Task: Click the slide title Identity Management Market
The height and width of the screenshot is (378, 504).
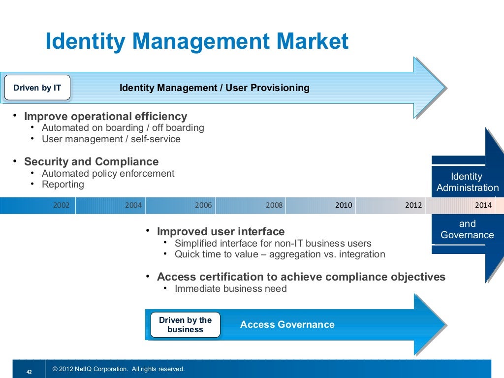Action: (196, 42)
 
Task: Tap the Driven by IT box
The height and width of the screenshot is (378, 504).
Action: (37, 88)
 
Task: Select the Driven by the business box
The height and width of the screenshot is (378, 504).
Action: (185, 325)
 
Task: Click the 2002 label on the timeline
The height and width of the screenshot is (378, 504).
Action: (61, 205)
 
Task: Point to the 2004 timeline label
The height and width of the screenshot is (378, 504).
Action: (133, 205)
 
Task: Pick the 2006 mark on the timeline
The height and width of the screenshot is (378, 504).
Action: (203, 205)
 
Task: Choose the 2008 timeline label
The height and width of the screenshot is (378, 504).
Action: (274, 205)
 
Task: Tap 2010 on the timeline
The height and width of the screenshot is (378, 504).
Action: (344, 205)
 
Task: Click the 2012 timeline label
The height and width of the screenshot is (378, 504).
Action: (413, 205)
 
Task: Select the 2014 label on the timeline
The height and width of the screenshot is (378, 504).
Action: (483, 205)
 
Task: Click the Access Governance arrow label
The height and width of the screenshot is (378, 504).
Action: (287, 325)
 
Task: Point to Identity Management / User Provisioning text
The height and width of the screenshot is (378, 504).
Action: (215, 88)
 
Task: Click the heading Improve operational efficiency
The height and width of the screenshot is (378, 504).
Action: (105, 117)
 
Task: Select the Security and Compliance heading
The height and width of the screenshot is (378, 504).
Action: (91, 162)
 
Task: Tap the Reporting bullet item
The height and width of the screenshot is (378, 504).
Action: (63, 185)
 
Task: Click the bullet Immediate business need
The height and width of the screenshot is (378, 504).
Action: (230, 289)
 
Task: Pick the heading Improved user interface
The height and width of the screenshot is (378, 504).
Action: (220, 232)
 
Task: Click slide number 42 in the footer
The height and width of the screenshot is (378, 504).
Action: (29, 373)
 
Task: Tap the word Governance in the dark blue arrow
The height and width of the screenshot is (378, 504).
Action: (467, 235)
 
